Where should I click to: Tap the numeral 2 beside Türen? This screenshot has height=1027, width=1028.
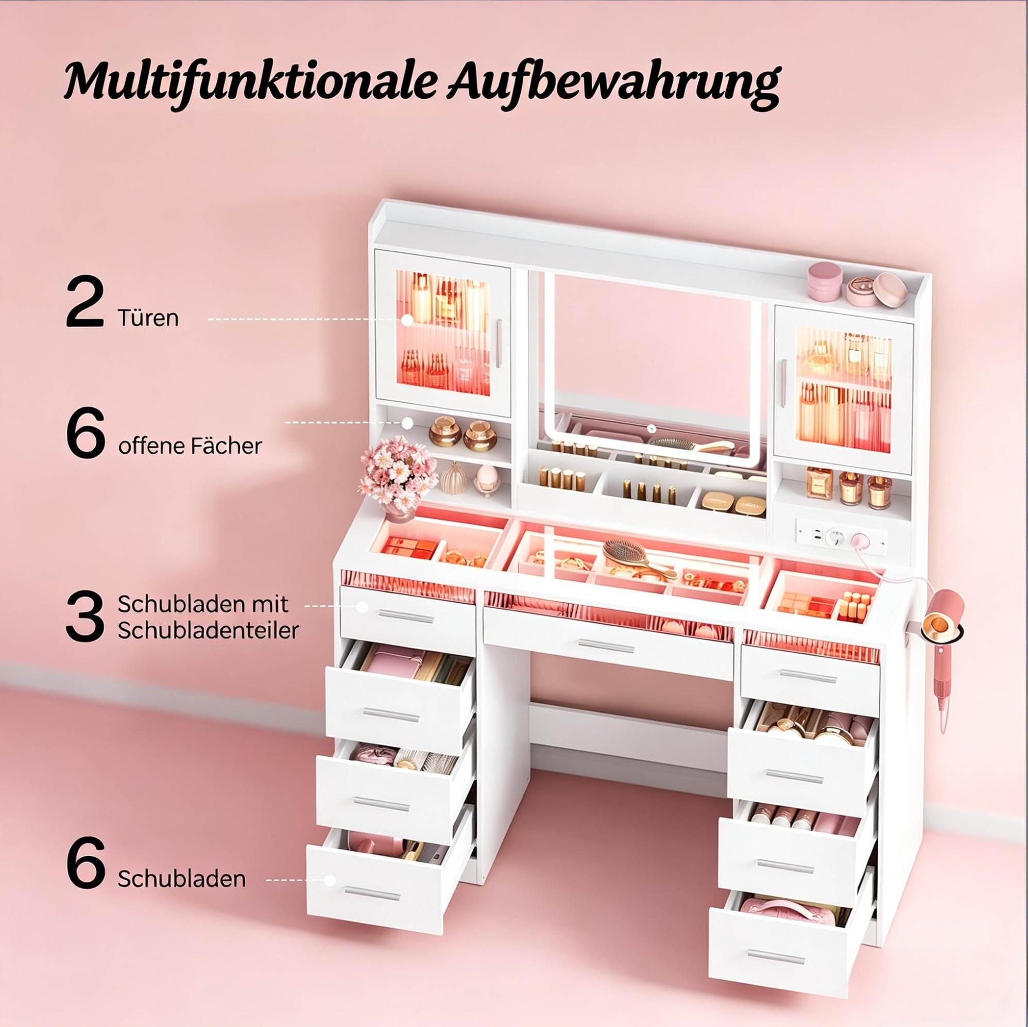coord(84,302)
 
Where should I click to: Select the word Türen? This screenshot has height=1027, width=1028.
coord(148,318)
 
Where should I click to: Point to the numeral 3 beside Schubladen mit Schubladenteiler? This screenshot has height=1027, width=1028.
coord(84,617)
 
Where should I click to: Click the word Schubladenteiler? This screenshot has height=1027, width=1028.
coord(208,630)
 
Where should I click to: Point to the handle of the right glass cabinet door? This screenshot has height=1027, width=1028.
coord(783,376)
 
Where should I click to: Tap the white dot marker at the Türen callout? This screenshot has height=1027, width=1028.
coord(407,320)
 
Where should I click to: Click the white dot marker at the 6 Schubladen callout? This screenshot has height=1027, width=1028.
coord(330,880)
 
